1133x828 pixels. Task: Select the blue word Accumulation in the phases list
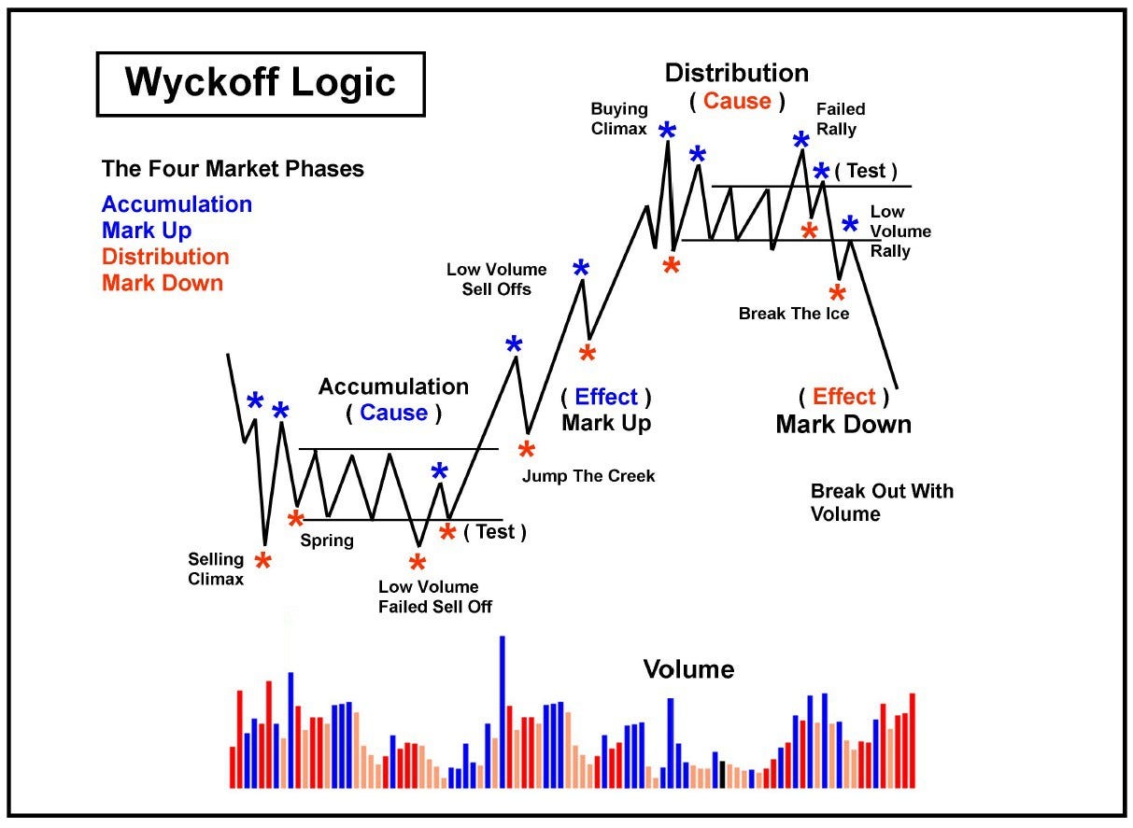point(177,204)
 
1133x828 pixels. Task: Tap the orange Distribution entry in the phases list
point(165,257)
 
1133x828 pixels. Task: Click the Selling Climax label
point(216,568)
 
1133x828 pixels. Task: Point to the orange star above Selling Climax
point(263,560)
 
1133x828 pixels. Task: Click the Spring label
point(327,540)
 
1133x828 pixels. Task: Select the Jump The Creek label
point(588,476)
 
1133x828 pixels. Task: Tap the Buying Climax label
point(619,119)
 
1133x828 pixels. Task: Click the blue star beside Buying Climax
point(667,131)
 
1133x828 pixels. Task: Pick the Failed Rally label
point(841,119)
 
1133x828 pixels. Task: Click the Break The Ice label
point(794,314)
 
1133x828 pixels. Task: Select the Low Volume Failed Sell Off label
point(435,596)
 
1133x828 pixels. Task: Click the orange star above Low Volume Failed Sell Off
point(418,562)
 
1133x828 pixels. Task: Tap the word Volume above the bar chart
point(688,669)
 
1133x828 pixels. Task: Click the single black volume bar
point(722,775)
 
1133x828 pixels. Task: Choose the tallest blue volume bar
point(503,711)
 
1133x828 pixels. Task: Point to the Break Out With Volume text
point(882,502)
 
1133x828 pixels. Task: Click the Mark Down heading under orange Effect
point(843,425)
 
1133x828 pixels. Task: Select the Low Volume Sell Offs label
point(496,279)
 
